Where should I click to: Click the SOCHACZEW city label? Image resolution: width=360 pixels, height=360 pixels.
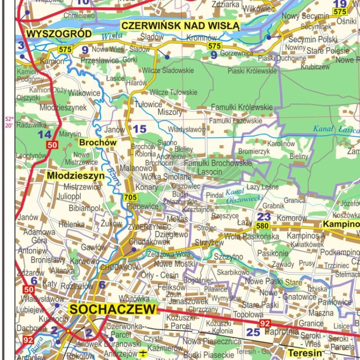(x=113, y=310)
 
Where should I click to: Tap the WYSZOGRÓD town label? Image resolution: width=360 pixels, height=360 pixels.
(x=59, y=34)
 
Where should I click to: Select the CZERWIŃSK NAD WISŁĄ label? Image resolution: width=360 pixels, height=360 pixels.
(x=180, y=25)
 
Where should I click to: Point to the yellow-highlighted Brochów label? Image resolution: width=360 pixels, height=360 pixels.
(x=98, y=143)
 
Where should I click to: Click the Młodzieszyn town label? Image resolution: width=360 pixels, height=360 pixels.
(x=76, y=176)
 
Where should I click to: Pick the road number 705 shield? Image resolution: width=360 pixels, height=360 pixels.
(x=130, y=197)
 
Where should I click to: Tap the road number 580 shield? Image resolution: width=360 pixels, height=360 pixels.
(x=262, y=226)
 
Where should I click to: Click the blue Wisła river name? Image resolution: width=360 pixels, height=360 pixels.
(x=111, y=35)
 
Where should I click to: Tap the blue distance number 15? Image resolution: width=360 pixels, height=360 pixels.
(x=140, y=129)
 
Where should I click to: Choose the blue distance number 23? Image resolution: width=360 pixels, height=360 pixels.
(x=264, y=216)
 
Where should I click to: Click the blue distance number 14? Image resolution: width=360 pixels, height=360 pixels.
(x=45, y=135)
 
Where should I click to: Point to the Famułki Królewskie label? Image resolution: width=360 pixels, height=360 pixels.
(x=242, y=107)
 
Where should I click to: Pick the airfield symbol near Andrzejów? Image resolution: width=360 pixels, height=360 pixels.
(x=143, y=354)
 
